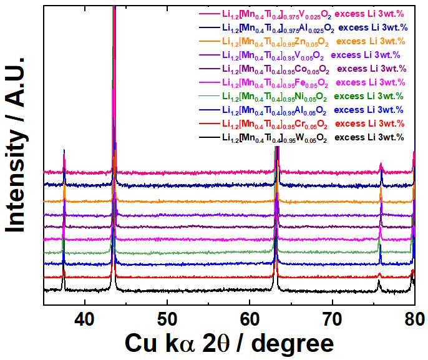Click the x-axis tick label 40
click(x=85, y=319)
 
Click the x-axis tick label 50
click(x=167, y=319)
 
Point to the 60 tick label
click(x=250, y=319)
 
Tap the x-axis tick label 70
click(x=332, y=319)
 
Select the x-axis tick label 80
click(x=415, y=319)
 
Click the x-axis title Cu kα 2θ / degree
click(x=230, y=343)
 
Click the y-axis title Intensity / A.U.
click(x=15, y=145)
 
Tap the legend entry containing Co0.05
click(x=303, y=69)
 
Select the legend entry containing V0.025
click(x=301, y=14)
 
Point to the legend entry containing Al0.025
click(x=303, y=28)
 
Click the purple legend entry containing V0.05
click(x=299, y=55)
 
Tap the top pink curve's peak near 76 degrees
click(x=381, y=163)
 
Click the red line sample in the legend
click(x=210, y=124)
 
